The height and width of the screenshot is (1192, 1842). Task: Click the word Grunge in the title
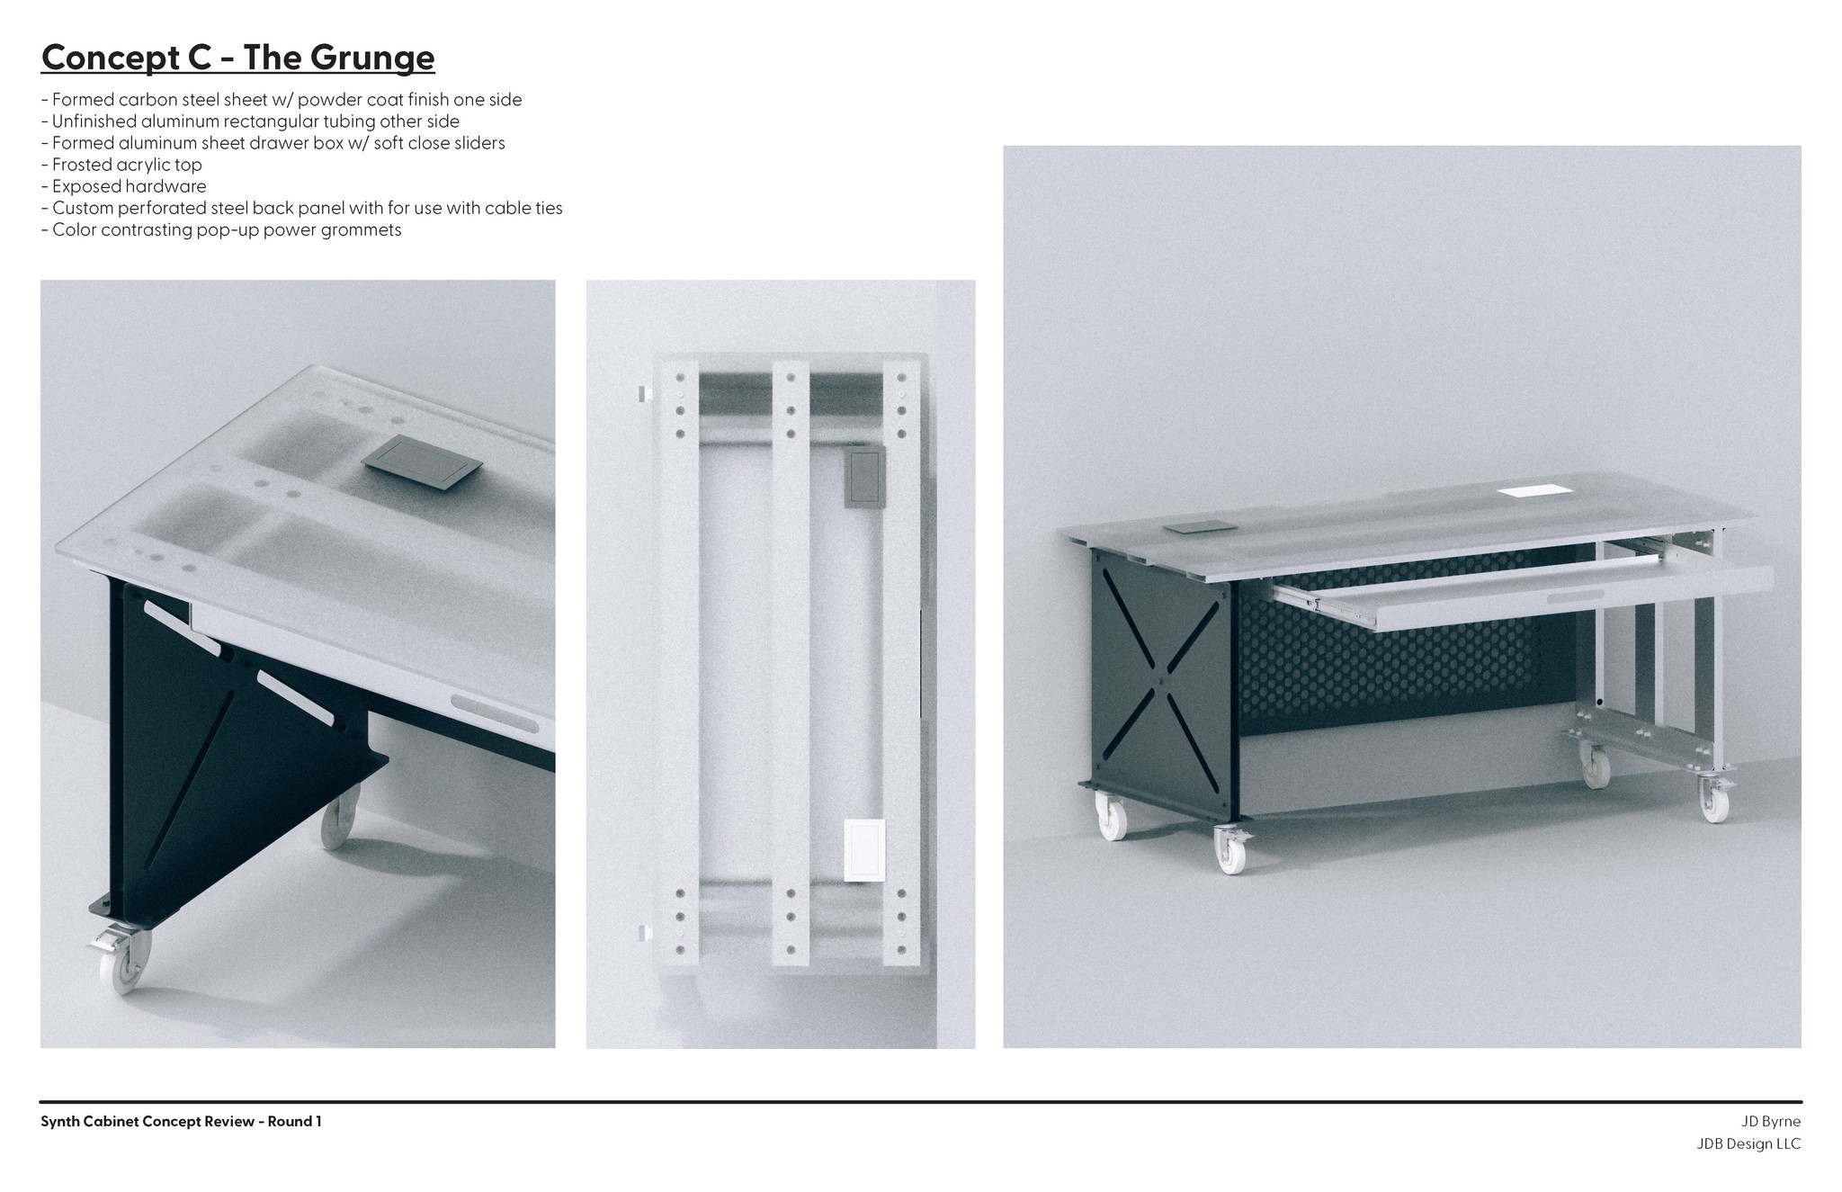(x=372, y=58)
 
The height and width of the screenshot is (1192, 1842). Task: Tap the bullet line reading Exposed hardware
(x=124, y=186)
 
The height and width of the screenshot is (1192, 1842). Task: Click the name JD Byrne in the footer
(x=1771, y=1122)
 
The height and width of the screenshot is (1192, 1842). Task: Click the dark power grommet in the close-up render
(x=422, y=462)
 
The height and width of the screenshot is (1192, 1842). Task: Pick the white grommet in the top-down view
(x=864, y=848)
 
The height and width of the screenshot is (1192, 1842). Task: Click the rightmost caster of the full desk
(x=1712, y=797)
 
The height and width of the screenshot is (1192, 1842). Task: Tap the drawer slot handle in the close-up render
(x=495, y=713)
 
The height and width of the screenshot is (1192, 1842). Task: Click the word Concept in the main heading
(x=111, y=58)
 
